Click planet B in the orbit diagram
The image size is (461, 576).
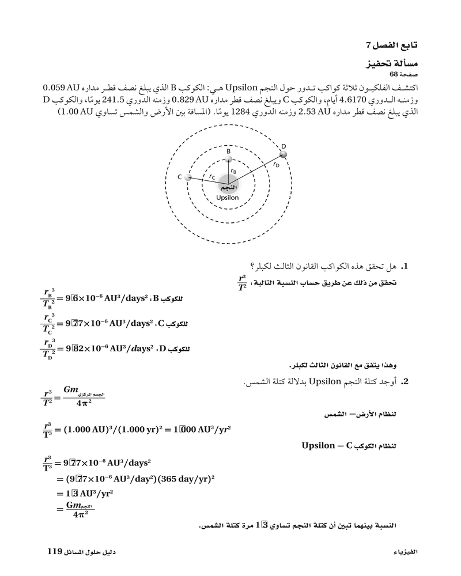point(229,159)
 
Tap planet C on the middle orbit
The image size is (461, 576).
point(188,177)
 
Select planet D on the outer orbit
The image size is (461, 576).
point(282,154)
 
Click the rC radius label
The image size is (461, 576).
point(212,177)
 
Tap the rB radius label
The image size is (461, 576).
point(233,171)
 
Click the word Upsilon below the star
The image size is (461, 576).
point(227,198)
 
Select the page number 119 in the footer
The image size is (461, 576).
point(55,551)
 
